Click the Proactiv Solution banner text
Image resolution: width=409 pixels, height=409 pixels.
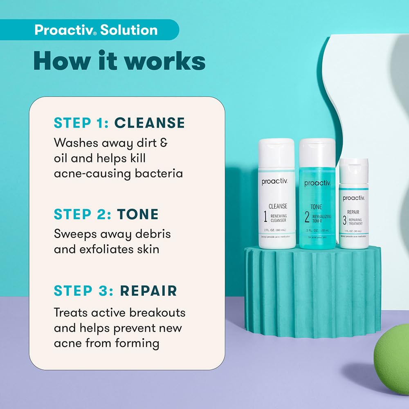[x=96, y=30]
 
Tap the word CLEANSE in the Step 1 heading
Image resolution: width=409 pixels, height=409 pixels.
[x=149, y=123]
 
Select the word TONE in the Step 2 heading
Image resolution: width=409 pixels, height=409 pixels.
[x=138, y=214]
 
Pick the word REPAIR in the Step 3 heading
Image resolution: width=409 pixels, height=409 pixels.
[x=148, y=291]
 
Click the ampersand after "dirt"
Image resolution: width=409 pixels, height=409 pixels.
[x=163, y=143]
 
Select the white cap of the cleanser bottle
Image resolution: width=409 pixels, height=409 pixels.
[x=277, y=152]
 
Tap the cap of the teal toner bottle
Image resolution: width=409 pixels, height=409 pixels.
[x=317, y=151]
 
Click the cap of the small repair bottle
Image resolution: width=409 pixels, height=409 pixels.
[x=354, y=171]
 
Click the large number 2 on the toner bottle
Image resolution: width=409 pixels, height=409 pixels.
[x=307, y=216]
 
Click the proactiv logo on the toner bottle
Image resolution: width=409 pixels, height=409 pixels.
[x=317, y=183]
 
